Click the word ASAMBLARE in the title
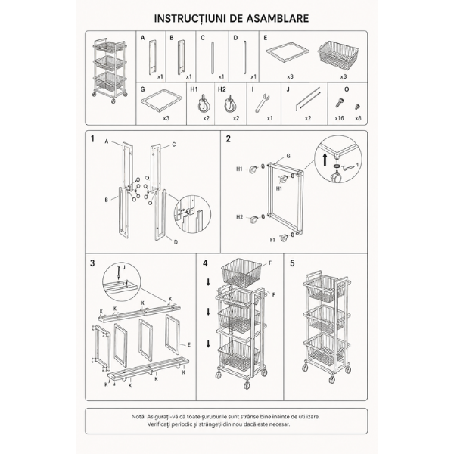click(278, 18)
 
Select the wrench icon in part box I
click(263, 103)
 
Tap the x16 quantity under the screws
click(339, 118)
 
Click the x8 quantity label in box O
click(358, 118)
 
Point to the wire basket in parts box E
click(338, 56)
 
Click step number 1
click(92, 139)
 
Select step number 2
click(229, 139)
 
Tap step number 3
click(92, 263)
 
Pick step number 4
click(205, 263)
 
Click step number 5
click(292, 263)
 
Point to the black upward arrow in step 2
click(325, 160)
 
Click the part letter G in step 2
click(288, 157)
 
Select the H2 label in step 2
click(239, 217)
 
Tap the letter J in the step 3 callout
click(123, 267)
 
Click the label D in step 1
click(176, 242)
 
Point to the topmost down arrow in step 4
click(208, 282)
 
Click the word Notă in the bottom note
click(138, 417)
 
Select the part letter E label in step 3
click(189, 345)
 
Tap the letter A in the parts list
click(143, 38)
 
